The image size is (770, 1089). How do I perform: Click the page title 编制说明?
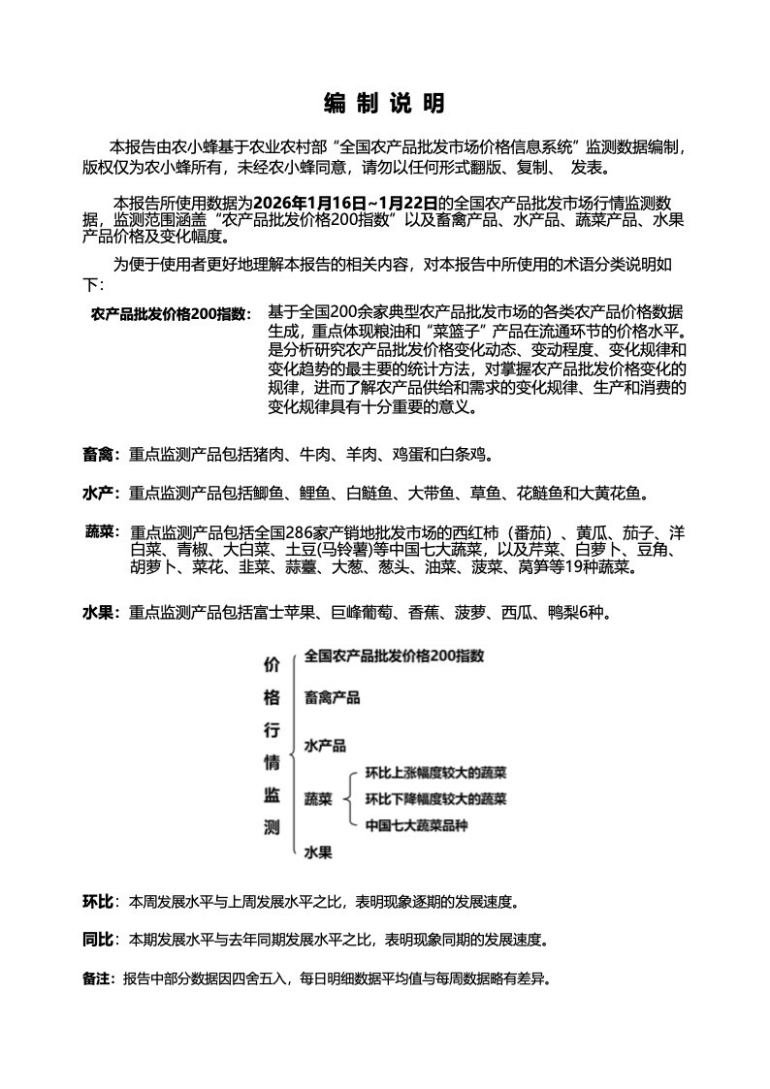[384, 104]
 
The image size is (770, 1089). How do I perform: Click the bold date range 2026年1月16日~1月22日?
[344, 203]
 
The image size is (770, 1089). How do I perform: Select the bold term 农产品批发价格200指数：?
[171, 314]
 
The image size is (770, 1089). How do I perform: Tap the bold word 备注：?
[100, 978]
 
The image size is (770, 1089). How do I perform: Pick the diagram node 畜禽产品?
[332, 697]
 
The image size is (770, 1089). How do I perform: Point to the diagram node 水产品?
[325, 746]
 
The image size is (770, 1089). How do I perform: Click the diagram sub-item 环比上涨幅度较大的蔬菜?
[435, 773]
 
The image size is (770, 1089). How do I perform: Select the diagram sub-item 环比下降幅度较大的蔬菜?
[435, 800]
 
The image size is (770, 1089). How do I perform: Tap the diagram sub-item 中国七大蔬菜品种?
[416, 826]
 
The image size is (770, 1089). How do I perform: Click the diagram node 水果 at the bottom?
[318, 853]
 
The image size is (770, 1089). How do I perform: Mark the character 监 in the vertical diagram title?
[273, 795]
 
